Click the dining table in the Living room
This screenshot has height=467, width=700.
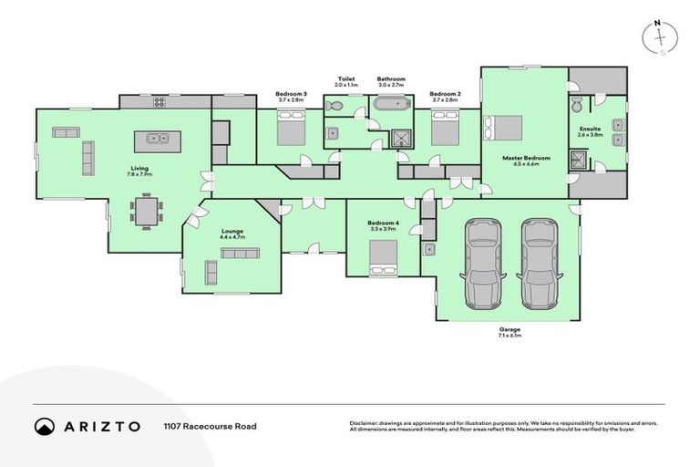(147, 212)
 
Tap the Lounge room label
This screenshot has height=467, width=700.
(232, 232)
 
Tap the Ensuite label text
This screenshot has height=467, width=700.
(590, 129)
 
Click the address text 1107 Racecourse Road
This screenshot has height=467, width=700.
(210, 426)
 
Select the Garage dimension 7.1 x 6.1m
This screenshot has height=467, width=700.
(510, 336)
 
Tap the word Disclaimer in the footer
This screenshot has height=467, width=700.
(365, 423)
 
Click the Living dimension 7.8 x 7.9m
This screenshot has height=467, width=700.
(139, 174)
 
